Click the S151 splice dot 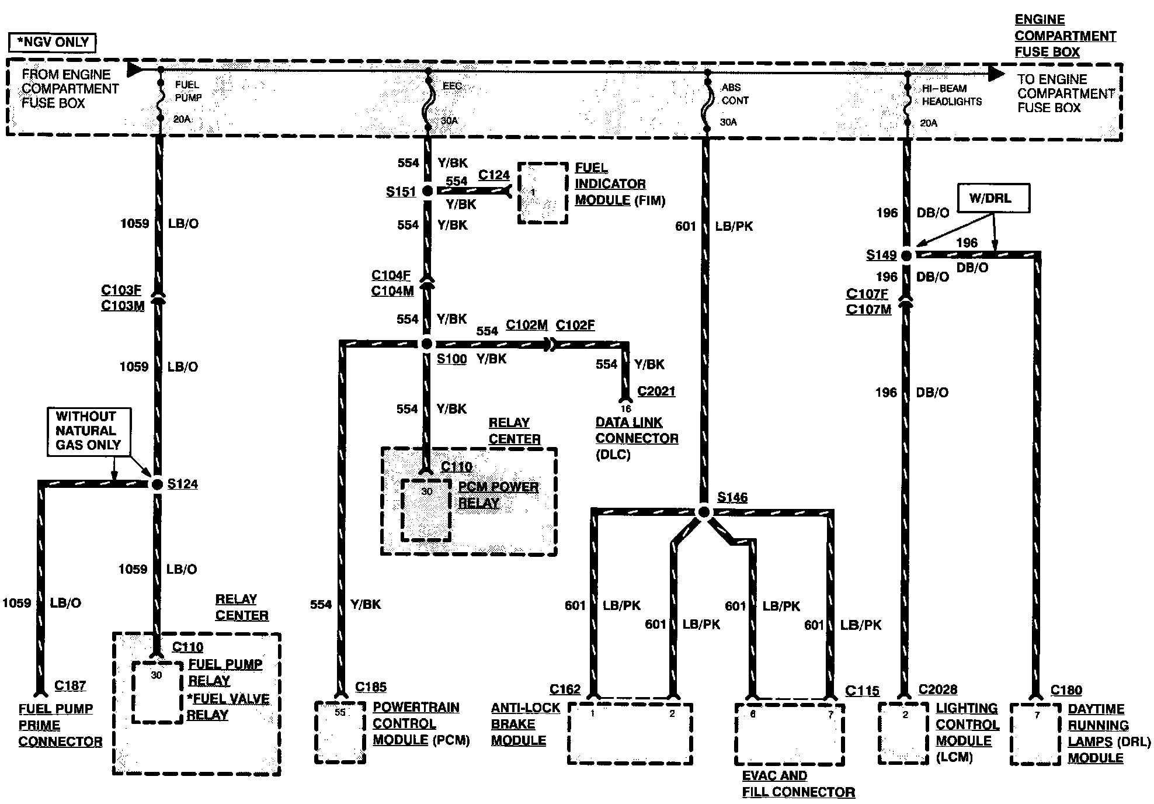[x=427, y=191]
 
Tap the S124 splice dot [x=157, y=484]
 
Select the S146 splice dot [x=704, y=512]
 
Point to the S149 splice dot [x=906, y=255]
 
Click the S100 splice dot [x=427, y=344]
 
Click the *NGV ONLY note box [x=53, y=43]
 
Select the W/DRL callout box [x=993, y=198]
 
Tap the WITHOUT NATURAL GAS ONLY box [x=88, y=431]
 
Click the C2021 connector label [x=656, y=391]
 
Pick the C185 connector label [x=371, y=687]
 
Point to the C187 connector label [x=70, y=686]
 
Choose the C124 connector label [x=494, y=175]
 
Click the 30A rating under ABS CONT [x=728, y=122]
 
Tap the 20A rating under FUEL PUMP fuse [x=182, y=119]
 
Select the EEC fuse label [x=452, y=86]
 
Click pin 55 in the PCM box [x=340, y=713]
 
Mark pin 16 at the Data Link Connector [x=625, y=409]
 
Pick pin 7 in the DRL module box [x=1037, y=715]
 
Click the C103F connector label [x=121, y=290]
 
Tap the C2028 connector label [x=938, y=690]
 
